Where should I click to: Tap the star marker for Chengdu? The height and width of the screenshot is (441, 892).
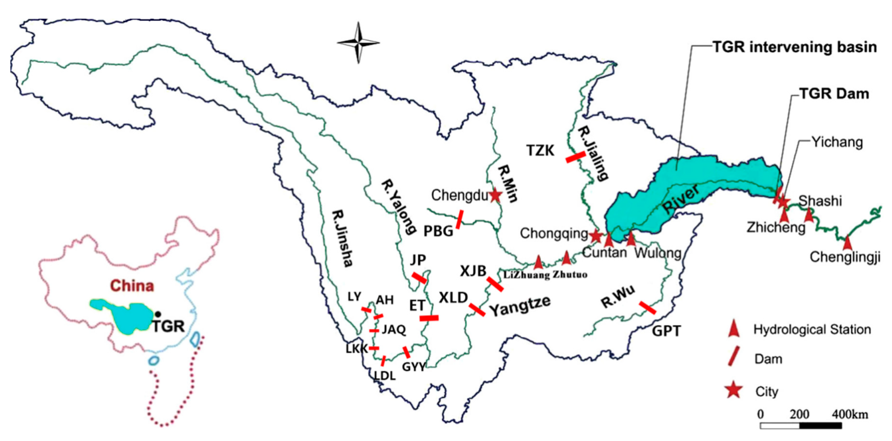tap(495, 195)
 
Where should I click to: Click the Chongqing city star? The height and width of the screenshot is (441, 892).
tap(596, 236)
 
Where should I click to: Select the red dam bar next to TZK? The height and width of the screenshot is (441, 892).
tap(576, 157)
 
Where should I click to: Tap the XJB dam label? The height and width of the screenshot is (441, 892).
tap(473, 271)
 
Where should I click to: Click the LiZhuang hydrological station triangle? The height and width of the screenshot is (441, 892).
tap(538, 262)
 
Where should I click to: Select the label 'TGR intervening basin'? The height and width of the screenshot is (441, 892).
tap(794, 47)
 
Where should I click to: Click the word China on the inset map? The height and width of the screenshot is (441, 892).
tap(132, 286)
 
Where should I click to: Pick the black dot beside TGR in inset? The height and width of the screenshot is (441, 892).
tap(158, 314)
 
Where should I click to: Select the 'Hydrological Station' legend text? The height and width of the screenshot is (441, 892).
tap(812, 329)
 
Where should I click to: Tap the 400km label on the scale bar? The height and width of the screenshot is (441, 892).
tap(850, 414)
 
